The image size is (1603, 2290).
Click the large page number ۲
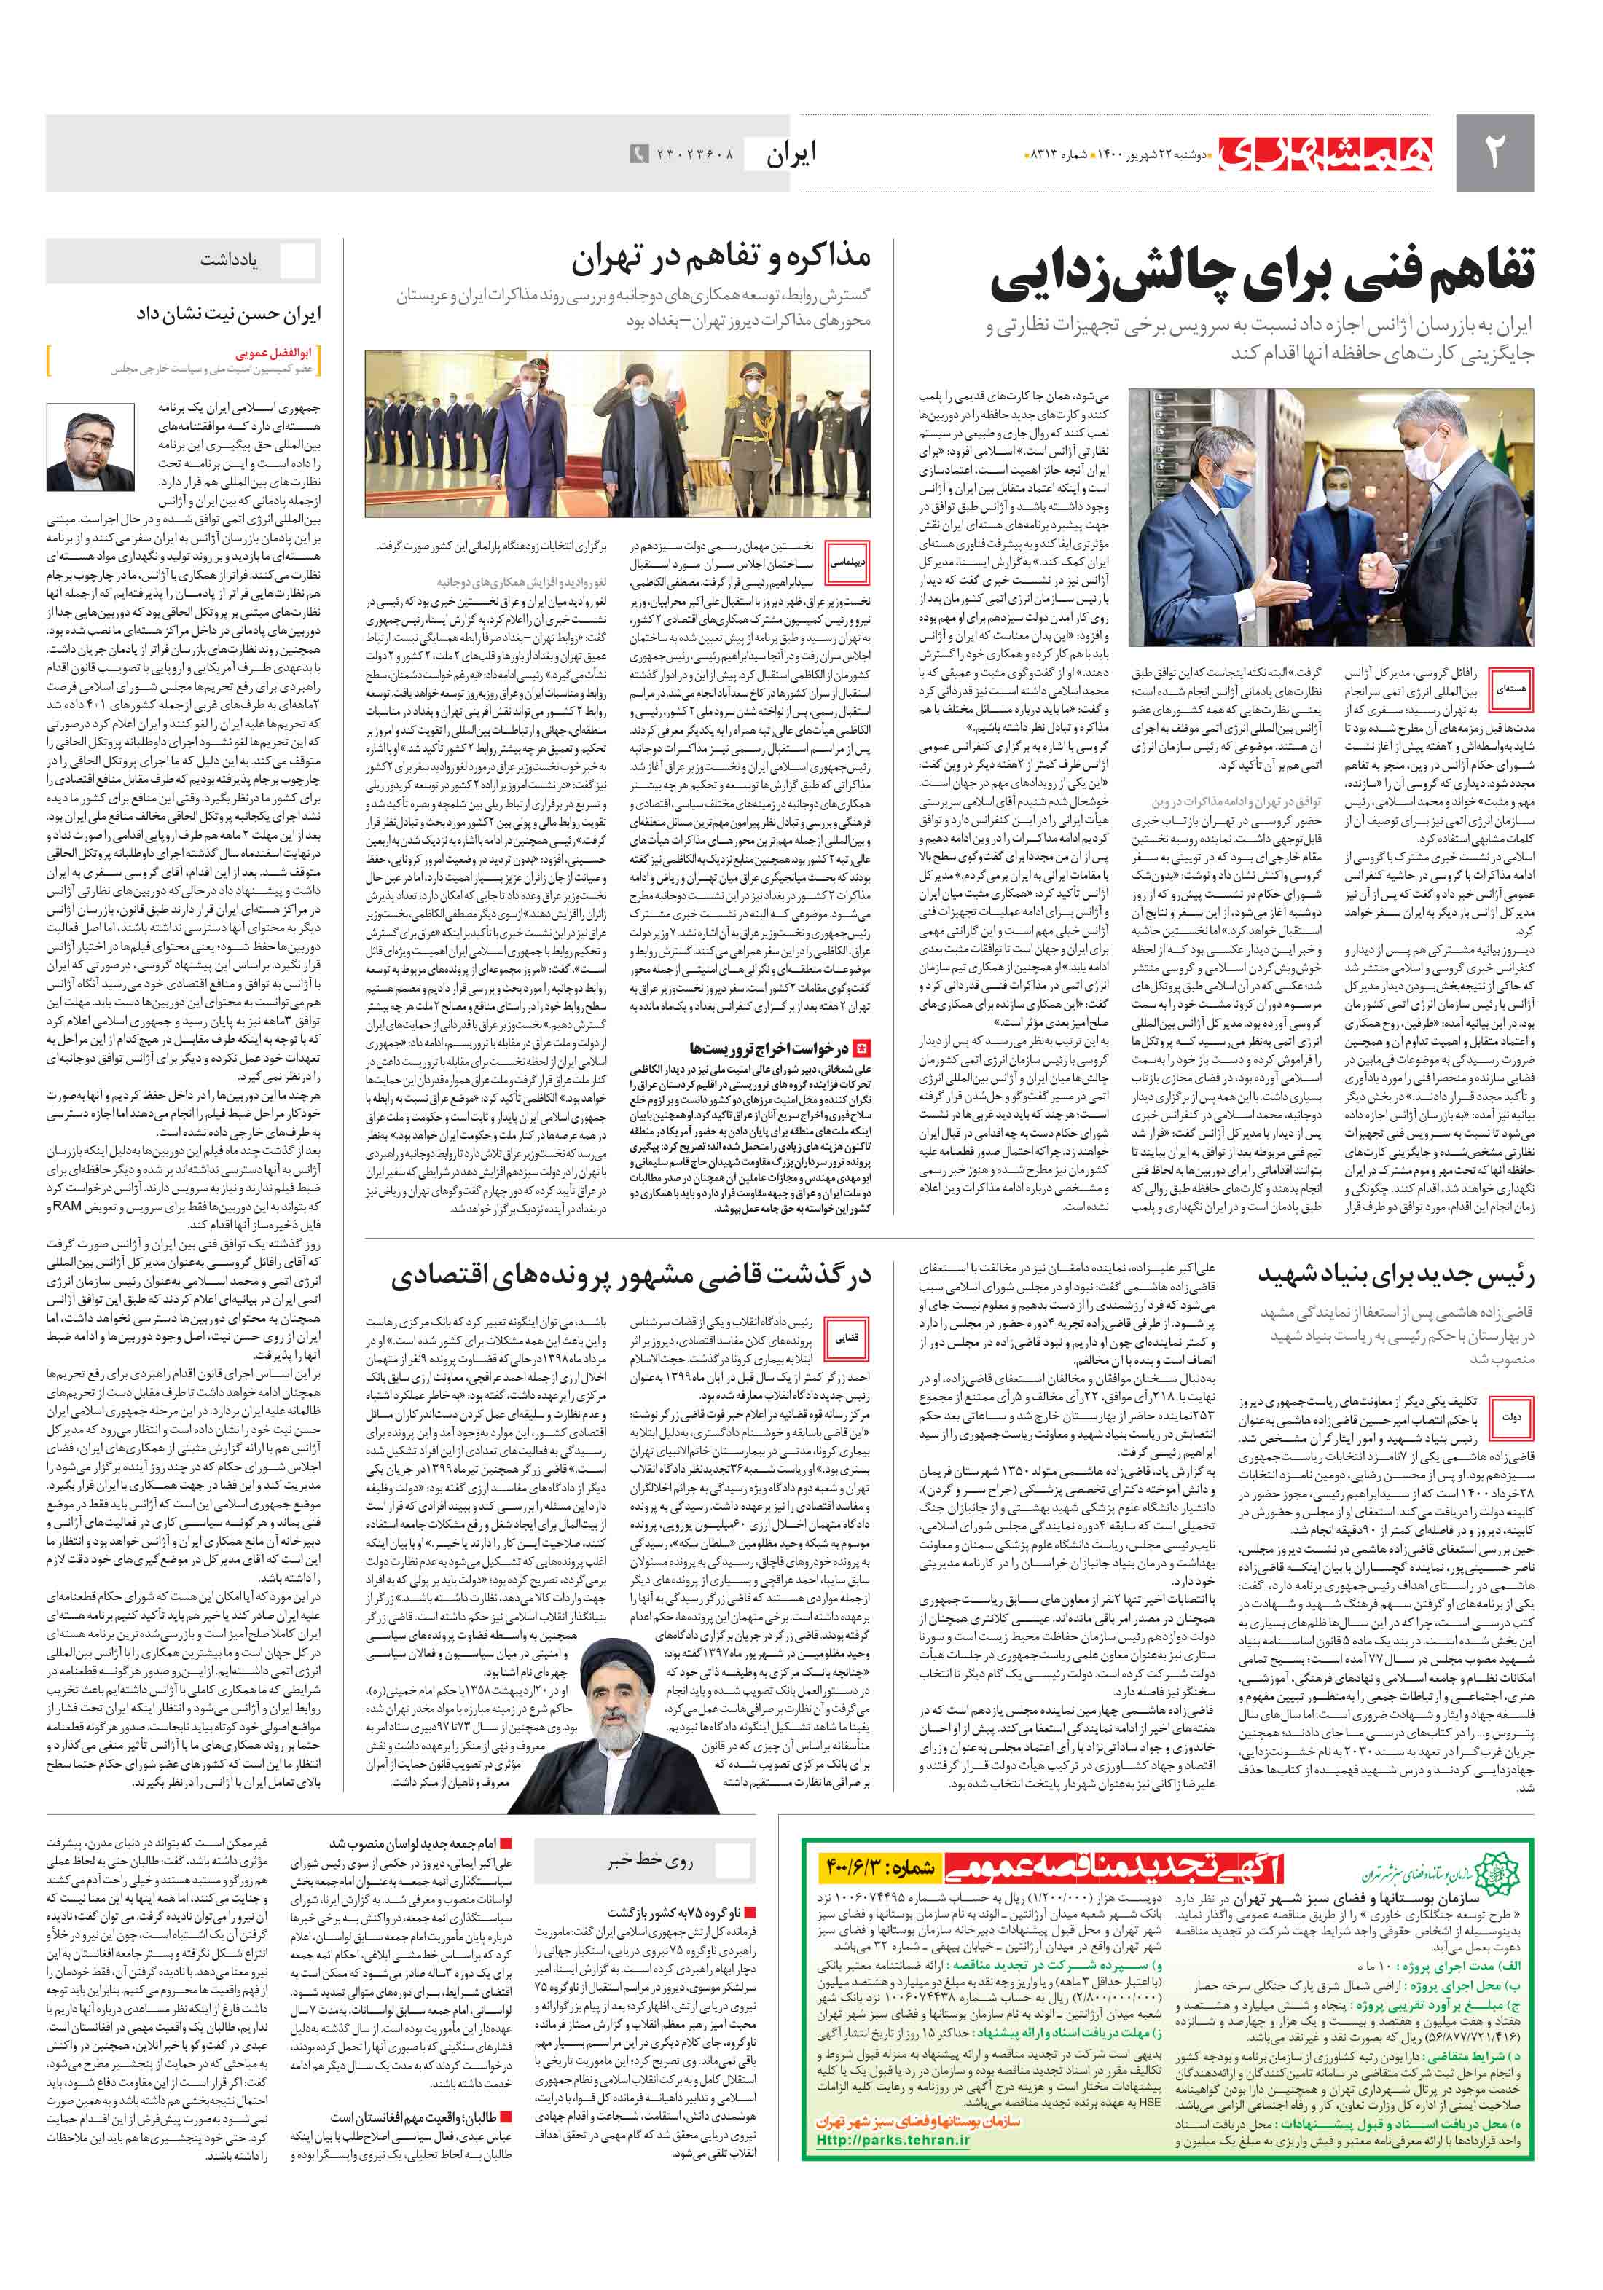tap(1493, 152)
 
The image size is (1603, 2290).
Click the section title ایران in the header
tap(791, 152)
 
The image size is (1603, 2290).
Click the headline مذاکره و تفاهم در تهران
tap(720, 259)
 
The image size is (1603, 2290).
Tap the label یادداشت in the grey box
tap(229, 260)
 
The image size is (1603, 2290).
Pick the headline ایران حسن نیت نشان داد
tap(229, 314)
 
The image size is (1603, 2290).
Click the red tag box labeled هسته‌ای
tap(1510, 689)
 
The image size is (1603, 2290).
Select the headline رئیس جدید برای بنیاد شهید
tap(1395, 1274)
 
